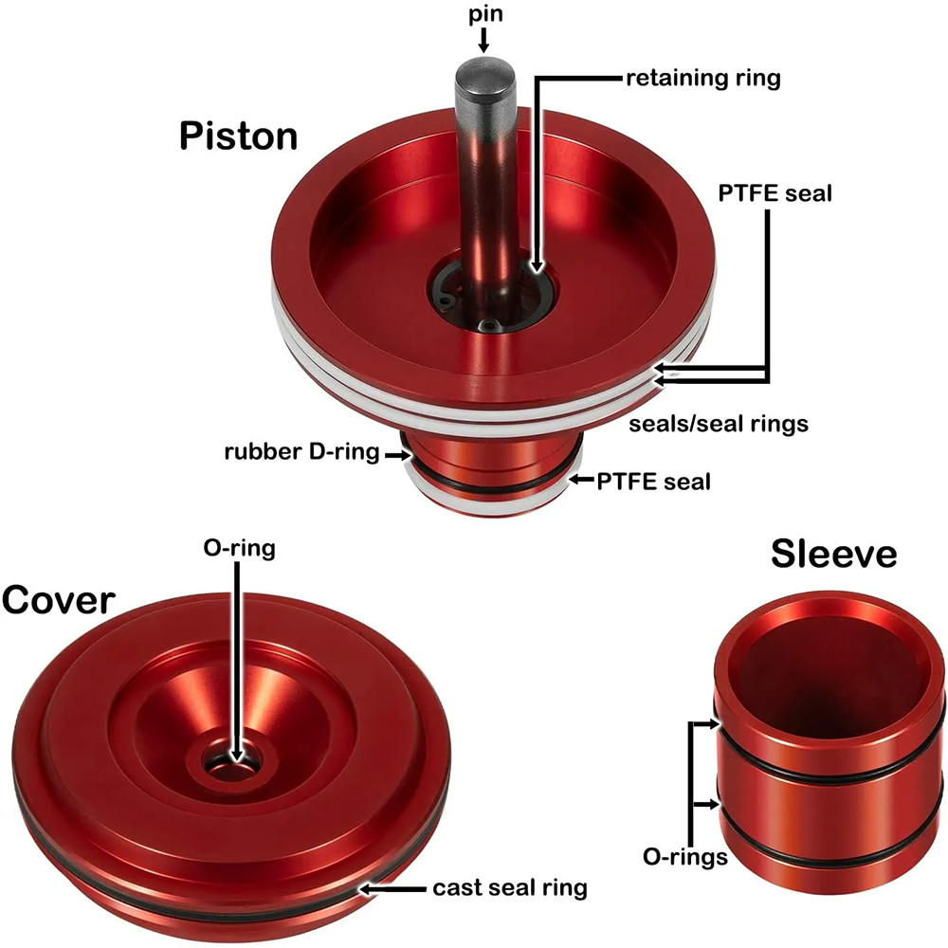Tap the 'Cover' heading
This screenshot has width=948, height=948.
tap(58, 600)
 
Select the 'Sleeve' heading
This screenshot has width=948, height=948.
tap(833, 554)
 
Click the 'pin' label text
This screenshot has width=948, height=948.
tap(485, 14)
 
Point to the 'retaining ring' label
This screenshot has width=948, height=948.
tap(703, 79)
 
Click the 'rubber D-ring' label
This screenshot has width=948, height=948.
tap(301, 452)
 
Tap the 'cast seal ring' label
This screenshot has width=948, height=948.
tap(510, 888)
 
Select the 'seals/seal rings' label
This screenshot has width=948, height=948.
tap(719, 424)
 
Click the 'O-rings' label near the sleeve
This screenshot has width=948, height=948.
tap(685, 857)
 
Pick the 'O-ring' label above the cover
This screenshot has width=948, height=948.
tap(240, 549)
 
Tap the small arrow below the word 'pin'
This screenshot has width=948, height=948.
tap(483, 40)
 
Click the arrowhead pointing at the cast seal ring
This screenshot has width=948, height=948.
tap(366, 889)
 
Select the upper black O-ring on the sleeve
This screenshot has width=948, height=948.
tap(829, 757)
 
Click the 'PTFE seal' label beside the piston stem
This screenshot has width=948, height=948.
tap(653, 483)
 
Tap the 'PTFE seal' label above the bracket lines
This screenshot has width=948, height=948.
tap(775, 193)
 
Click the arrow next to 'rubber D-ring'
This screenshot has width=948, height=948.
tap(396, 455)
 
